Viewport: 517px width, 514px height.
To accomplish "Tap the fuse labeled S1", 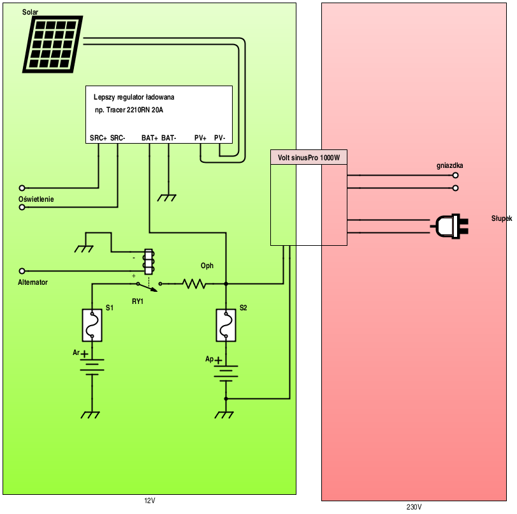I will click(92, 325).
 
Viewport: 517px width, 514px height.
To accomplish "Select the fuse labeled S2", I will click(226, 325).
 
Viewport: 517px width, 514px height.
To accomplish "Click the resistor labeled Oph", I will click(194, 283).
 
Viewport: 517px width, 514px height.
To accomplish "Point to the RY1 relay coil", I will click(149, 261).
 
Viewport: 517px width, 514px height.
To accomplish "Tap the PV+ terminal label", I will click(201, 138).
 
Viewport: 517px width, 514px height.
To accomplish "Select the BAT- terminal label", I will click(168, 138).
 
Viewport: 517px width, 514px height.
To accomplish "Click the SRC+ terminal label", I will click(98, 138).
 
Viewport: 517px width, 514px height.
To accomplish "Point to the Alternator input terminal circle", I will click(22, 271).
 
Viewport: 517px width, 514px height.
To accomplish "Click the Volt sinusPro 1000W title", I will click(309, 157).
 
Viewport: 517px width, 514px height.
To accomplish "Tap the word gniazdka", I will click(449, 165).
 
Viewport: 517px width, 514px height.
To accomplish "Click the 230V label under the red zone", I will click(414, 507).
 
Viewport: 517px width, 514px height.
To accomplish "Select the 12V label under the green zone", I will click(150, 501).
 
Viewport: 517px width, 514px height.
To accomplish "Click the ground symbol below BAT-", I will click(167, 198).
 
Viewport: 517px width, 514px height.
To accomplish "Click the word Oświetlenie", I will click(36, 199).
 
